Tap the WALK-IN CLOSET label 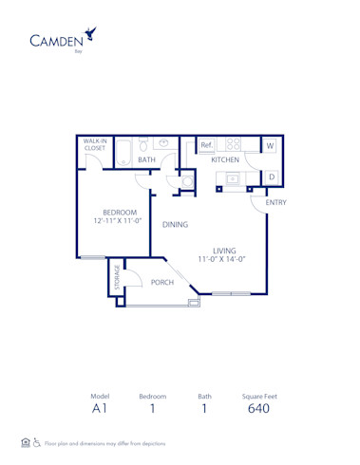[95, 145]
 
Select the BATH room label [146, 160]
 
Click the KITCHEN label [225, 160]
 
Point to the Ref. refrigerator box [206, 145]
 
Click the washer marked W [270, 146]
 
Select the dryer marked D [270, 177]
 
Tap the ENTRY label [276, 202]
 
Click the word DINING [175, 225]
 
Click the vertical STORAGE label [116, 279]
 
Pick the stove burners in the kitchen [234, 145]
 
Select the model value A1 [100, 408]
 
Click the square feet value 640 [258, 408]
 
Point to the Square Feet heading [258, 396]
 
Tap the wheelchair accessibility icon [36, 443]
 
